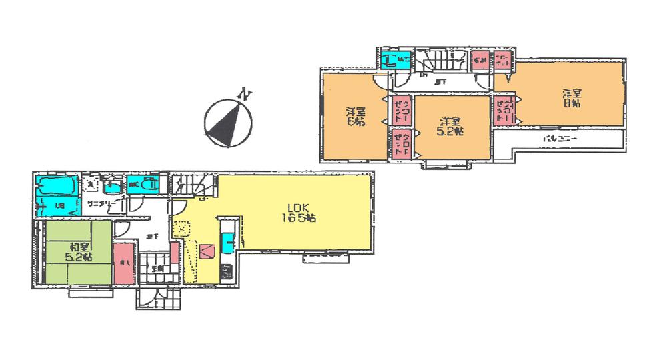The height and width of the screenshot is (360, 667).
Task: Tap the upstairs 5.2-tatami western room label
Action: tap(450, 127)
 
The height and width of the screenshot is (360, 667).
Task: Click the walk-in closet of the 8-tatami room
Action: tap(502, 110)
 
